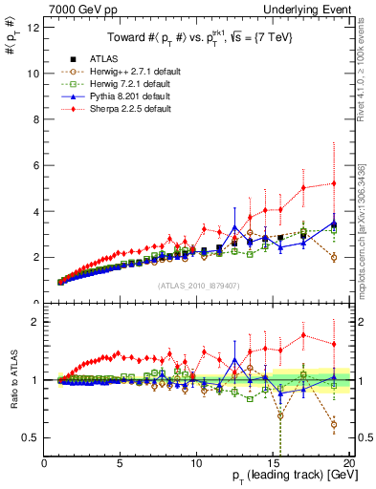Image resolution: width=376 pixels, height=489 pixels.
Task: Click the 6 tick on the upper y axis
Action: pyautogui.click(x=36, y=165)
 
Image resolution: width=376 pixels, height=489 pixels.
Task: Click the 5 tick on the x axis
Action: pyautogui.click(x=120, y=463)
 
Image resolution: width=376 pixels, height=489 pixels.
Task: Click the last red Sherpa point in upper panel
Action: pyautogui.click(x=333, y=183)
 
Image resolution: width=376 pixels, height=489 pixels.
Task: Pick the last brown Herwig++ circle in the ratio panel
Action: pyautogui.click(x=333, y=424)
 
